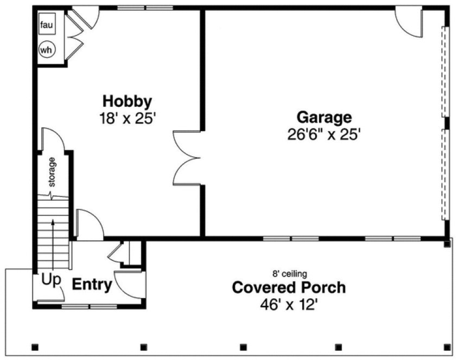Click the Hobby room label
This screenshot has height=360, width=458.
tap(128, 101)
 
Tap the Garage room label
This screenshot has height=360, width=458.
tap(323, 117)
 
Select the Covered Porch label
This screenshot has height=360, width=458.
tap(288, 287)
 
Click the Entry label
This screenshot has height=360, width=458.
tap(92, 284)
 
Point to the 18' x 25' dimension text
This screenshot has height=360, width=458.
tap(128, 118)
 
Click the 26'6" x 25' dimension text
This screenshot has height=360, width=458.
tap(324, 134)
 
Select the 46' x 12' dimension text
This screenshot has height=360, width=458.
tap(288, 305)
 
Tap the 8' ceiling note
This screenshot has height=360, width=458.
tap(289, 274)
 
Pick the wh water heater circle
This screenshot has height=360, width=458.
tap(46, 50)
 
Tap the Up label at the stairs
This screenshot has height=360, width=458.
tap(51, 281)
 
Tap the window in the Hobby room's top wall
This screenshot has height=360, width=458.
tap(145, 8)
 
